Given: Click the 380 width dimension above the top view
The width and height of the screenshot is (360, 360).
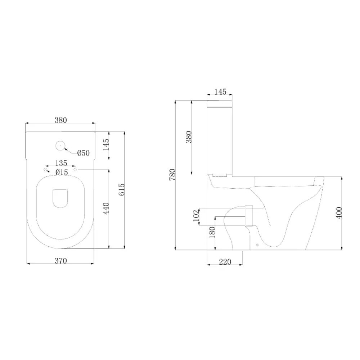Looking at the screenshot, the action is tap(60, 120).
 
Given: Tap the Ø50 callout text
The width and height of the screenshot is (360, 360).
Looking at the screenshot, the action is tap(84, 153).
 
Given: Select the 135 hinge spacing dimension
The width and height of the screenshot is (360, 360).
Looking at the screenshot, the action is tap(61, 163).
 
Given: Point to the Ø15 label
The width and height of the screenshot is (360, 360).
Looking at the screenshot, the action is tap(62, 172).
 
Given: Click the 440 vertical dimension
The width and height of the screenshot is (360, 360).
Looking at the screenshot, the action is tap(106, 208).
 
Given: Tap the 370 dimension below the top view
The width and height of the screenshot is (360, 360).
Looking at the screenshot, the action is tap(60, 261).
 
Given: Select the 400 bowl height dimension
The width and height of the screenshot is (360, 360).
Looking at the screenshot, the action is tap(339, 213).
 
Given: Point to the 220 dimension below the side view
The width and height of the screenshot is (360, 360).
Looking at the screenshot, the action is tap(225, 262).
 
